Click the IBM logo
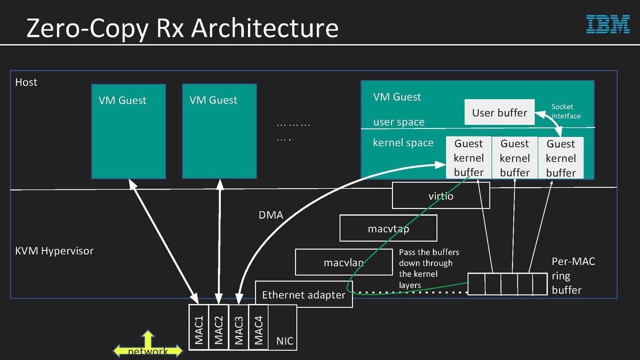(x=608, y=25)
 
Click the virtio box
(x=441, y=196)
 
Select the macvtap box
(x=388, y=229)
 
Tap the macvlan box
(x=343, y=262)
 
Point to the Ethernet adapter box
(x=303, y=294)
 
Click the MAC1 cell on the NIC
(x=199, y=327)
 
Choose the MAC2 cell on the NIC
(x=219, y=327)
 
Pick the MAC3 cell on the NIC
(x=238, y=327)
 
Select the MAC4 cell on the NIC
(x=259, y=327)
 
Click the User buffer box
(x=499, y=113)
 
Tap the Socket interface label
(x=565, y=111)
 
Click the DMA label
(x=270, y=215)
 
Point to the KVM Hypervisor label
(x=54, y=251)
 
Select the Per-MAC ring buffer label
(x=573, y=276)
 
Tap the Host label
(x=26, y=82)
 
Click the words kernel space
(x=403, y=143)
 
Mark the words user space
(x=399, y=122)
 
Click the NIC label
(x=285, y=341)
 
